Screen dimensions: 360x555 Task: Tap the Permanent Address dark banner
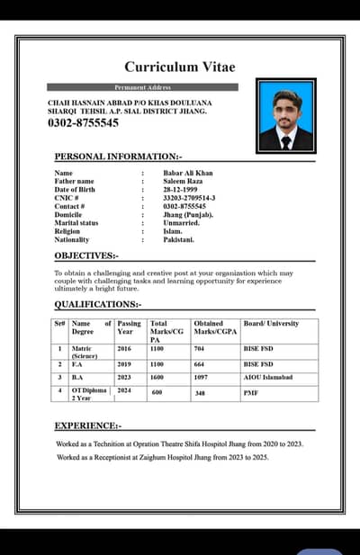coord(143,87)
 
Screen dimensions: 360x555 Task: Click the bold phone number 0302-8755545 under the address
coord(83,123)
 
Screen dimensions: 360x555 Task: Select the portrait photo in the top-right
coord(285,114)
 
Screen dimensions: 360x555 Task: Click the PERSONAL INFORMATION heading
coord(118,157)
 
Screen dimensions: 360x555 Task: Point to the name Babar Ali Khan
coord(187,173)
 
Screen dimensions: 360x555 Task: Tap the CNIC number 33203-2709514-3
coord(189,198)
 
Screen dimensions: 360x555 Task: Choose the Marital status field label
coord(76,223)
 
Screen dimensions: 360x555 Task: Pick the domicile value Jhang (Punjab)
coord(187,215)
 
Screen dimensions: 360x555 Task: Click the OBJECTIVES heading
coord(85,256)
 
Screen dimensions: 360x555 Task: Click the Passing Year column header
coord(130,327)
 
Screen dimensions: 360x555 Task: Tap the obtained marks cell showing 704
coord(200,348)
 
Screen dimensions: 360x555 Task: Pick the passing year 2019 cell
coord(124,364)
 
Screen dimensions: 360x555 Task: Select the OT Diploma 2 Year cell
coord(89,394)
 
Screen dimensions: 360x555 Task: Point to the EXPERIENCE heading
coord(88,425)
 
